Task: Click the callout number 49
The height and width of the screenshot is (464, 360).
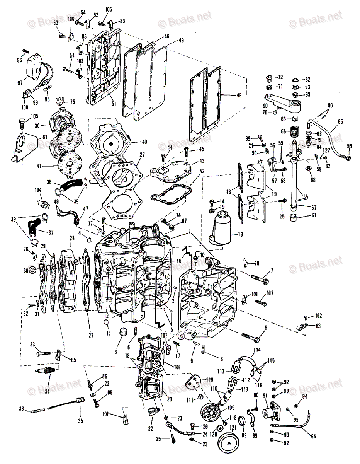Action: pyautogui.click(x=181, y=40)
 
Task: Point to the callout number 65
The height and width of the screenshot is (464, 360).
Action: pyautogui.click(x=340, y=121)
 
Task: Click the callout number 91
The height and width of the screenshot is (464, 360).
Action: pyautogui.click(x=265, y=396)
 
